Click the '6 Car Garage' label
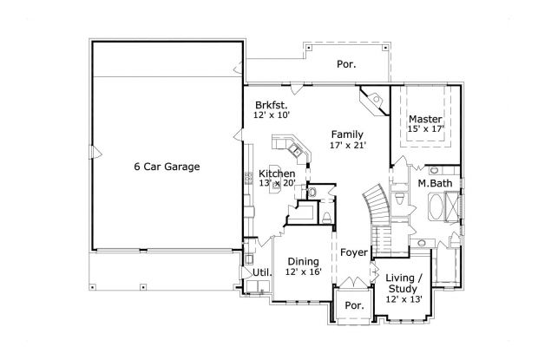167,167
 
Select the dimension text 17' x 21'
346,146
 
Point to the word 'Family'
346,134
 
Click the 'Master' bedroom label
426,118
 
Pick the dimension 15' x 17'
426,129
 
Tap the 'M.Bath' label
431,184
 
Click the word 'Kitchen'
276,173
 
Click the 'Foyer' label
352,253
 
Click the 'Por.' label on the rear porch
345,65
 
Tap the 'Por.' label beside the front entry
353,305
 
